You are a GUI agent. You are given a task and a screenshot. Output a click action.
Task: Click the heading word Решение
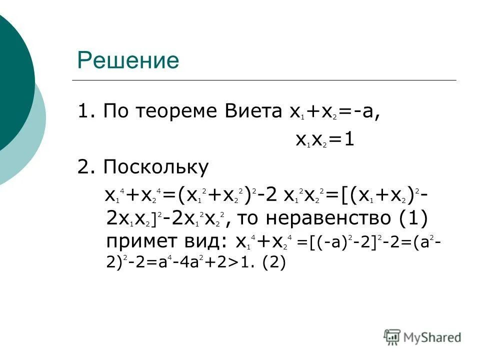click(x=128, y=60)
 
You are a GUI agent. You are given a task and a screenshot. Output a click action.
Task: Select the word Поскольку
click(x=155, y=167)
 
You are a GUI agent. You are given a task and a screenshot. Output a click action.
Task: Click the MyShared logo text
click(x=432, y=337)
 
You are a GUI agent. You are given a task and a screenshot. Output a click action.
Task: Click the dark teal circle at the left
click(x=12, y=80)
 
